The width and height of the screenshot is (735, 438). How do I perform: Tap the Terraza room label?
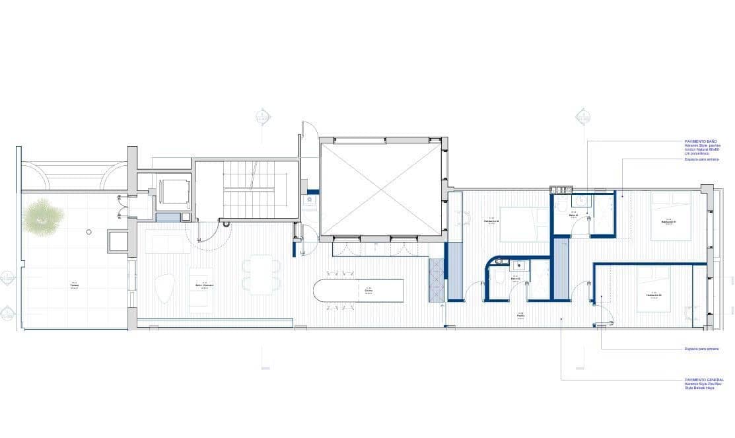(75, 285)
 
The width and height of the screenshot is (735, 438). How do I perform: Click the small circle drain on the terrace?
(88, 232)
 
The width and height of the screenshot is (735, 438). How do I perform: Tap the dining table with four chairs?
(262, 274)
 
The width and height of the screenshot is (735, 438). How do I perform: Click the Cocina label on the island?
(368, 290)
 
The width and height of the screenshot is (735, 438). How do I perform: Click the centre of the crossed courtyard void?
(380, 190)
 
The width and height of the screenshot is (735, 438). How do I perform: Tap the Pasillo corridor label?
(521, 316)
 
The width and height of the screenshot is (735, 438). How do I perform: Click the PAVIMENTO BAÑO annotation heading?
(701, 141)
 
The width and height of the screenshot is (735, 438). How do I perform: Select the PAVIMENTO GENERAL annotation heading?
(705, 380)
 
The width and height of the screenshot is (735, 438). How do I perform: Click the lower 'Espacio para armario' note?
(701, 349)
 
